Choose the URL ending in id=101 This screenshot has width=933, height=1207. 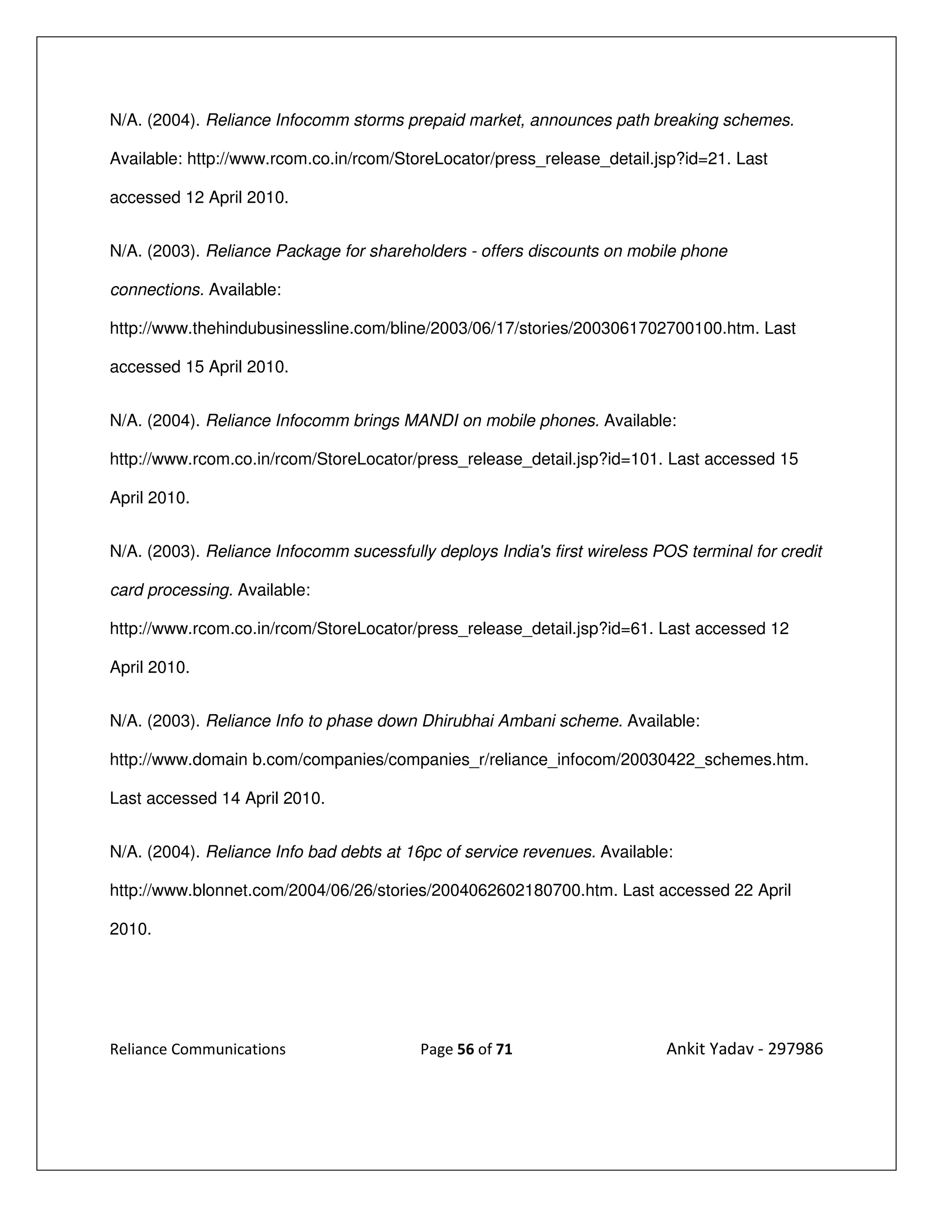point(384,459)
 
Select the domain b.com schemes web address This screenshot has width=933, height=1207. point(458,760)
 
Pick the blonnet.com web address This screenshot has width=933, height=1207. point(363,890)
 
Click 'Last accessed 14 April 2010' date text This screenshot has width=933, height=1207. point(217,798)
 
